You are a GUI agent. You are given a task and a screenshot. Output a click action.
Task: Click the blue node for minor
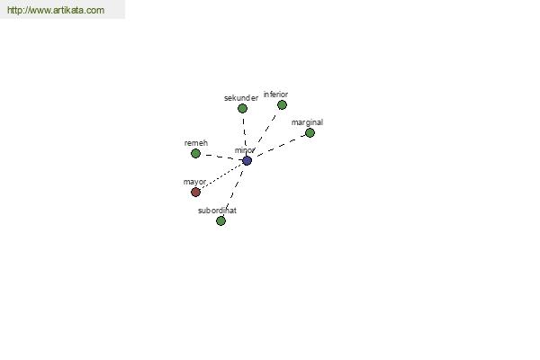click(x=247, y=160)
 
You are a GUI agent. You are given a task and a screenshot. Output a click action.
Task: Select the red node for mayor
click(x=195, y=192)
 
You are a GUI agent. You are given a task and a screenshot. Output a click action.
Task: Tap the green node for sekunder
click(x=242, y=109)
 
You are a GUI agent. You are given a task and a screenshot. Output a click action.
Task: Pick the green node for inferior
click(x=282, y=104)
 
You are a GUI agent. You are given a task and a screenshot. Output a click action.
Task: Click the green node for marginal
click(x=310, y=132)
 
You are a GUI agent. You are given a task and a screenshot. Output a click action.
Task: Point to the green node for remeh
click(x=195, y=153)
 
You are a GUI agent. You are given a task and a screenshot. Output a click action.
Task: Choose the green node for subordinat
click(x=220, y=220)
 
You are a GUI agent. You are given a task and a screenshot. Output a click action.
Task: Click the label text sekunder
click(x=241, y=98)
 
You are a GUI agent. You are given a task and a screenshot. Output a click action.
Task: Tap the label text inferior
click(x=276, y=94)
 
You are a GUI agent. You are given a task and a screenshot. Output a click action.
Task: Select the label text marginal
click(x=307, y=122)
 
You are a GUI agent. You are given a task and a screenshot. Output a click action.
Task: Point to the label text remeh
click(x=196, y=143)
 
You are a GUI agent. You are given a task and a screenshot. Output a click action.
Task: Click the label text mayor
click(x=194, y=182)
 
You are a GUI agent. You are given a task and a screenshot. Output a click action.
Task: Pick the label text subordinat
click(x=217, y=211)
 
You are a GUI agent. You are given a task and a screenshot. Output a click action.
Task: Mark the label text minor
click(x=245, y=150)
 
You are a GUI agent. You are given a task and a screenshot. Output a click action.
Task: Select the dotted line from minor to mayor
click(x=221, y=176)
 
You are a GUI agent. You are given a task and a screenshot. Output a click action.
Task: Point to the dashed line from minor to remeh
click(x=221, y=157)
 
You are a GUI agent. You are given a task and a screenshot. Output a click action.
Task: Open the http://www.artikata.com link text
click(x=56, y=10)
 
